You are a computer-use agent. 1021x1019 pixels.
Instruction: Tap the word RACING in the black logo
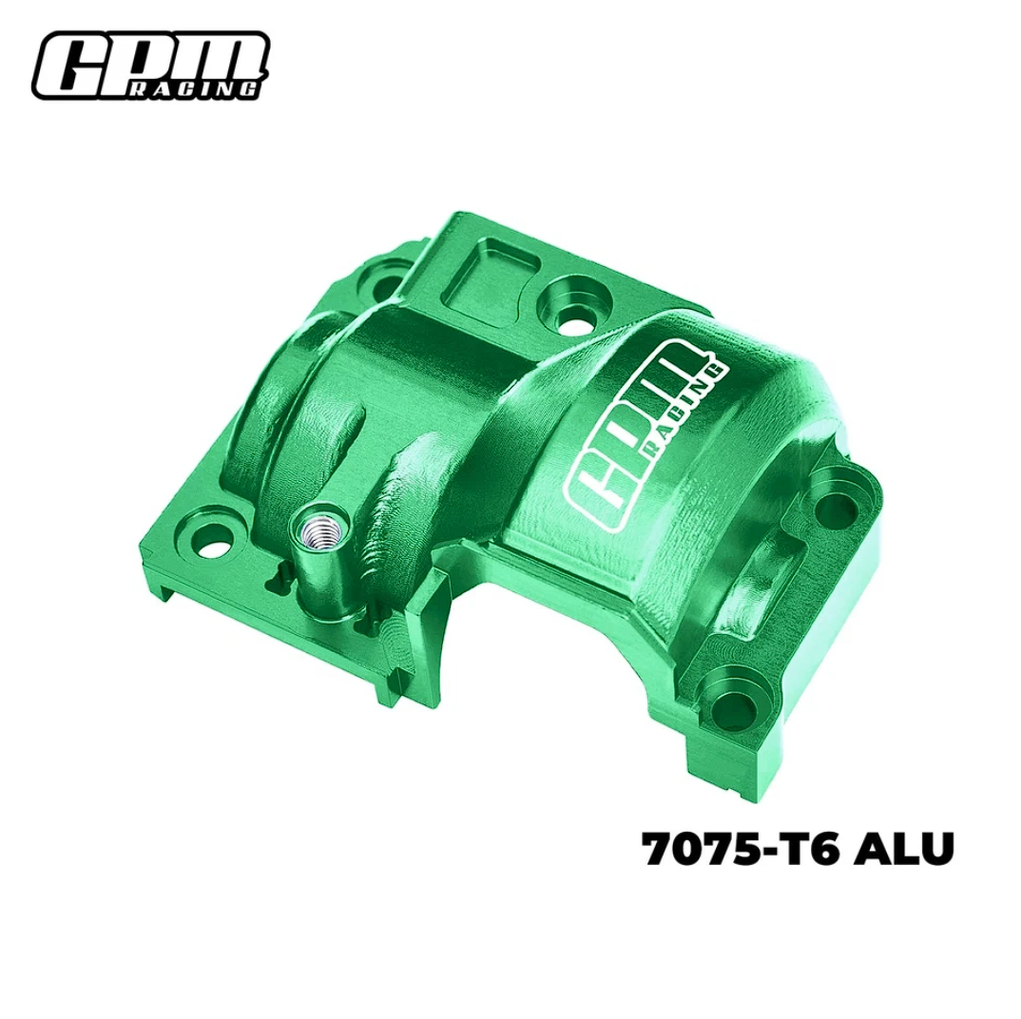tap(194, 87)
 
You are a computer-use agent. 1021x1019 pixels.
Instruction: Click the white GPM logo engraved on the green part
tap(645, 435)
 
